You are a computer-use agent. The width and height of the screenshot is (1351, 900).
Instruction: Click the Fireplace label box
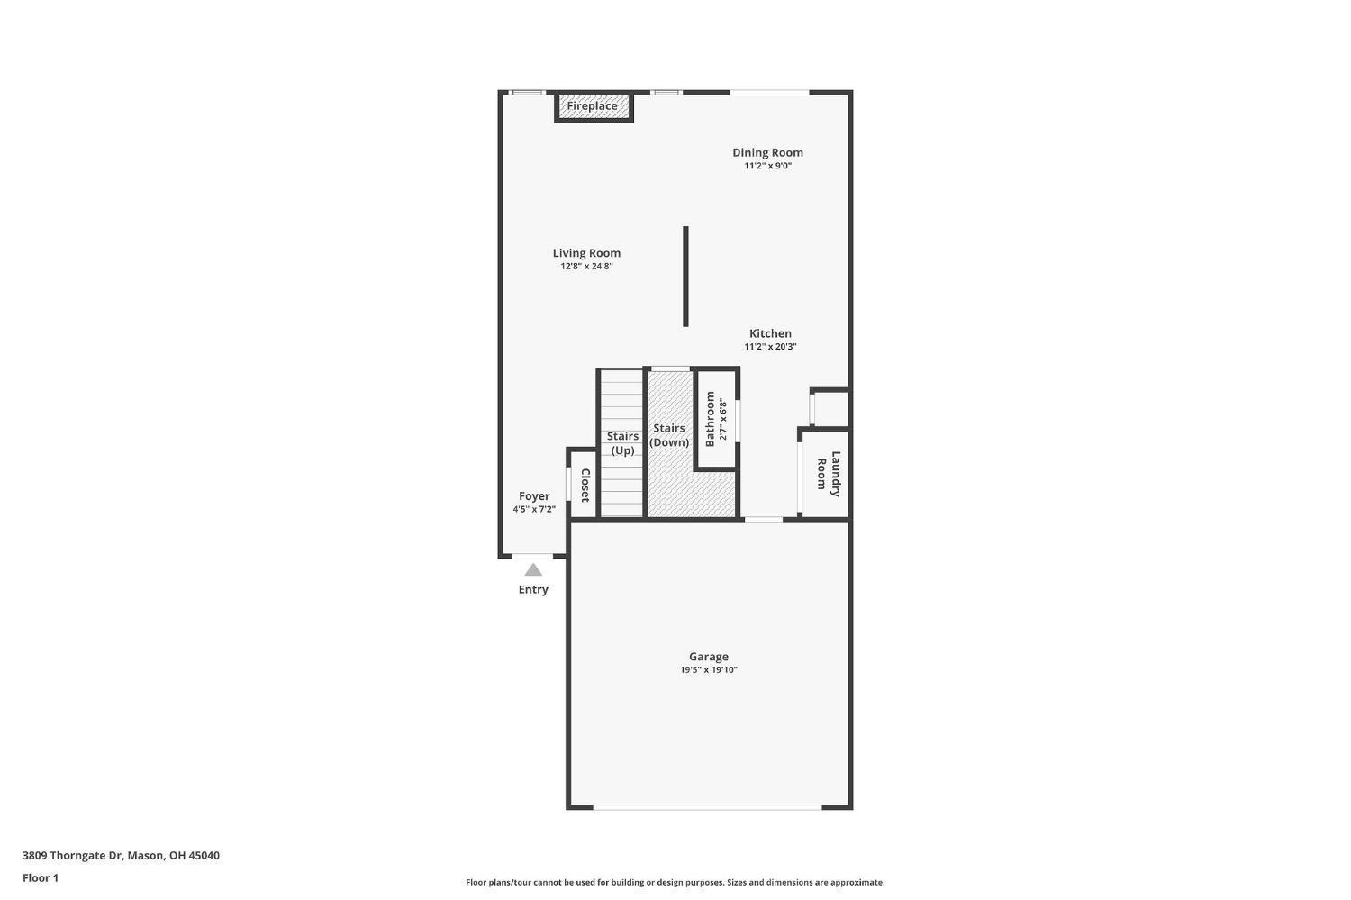pyautogui.click(x=593, y=106)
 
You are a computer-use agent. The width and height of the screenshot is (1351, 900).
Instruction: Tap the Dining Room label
pyautogui.click(x=767, y=152)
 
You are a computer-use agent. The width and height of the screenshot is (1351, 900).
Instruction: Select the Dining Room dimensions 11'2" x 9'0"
pyautogui.click(x=767, y=166)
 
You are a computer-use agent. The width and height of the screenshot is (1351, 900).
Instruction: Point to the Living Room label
pyautogui.click(x=586, y=253)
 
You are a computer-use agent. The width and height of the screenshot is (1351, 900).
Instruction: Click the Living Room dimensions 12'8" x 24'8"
pyautogui.click(x=586, y=267)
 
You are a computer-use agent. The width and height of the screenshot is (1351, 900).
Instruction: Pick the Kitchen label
pyautogui.click(x=770, y=333)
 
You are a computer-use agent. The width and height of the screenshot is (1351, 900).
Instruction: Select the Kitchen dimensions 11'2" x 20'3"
pyautogui.click(x=770, y=347)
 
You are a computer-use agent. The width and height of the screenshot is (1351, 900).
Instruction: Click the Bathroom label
pyautogui.click(x=710, y=418)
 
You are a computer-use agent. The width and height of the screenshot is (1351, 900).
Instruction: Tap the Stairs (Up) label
pyautogui.click(x=622, y=443)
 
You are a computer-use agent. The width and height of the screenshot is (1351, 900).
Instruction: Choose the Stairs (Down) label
pyautogui.click(x=669, y=435)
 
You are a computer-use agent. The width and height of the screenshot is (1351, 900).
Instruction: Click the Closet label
pyautogui.click(x=585, y=486)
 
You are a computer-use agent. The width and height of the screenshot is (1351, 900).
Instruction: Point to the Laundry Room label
pyautogui.click(x=828, y=474)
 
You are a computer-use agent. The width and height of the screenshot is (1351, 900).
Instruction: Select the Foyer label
pyautogui.click(x=534, y=496)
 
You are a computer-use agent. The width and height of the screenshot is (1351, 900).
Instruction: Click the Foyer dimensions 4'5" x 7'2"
pyautogui.click(x=534, y=510)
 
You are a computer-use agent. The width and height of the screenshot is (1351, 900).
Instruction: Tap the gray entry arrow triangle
pyautogui.click(x=533, y=569)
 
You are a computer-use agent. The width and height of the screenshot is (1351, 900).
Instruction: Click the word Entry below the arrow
pyautogui.click(x=533, y=589)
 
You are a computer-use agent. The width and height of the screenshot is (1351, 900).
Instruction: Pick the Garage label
pyautogui.click(x=709, y=657)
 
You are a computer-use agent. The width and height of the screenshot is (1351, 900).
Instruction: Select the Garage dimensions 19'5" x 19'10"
pyautogui.click(x=709, y=670)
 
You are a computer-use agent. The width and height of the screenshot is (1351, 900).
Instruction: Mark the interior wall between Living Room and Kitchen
pyautogui.click(x=685, y=276)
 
